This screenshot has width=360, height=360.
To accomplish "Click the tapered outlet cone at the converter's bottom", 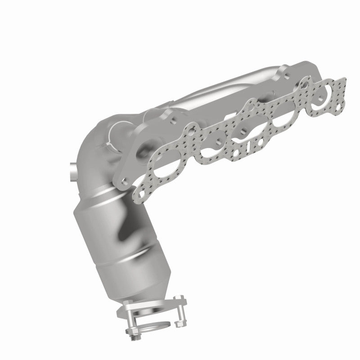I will pyautogui.click(x=130, y=283).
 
